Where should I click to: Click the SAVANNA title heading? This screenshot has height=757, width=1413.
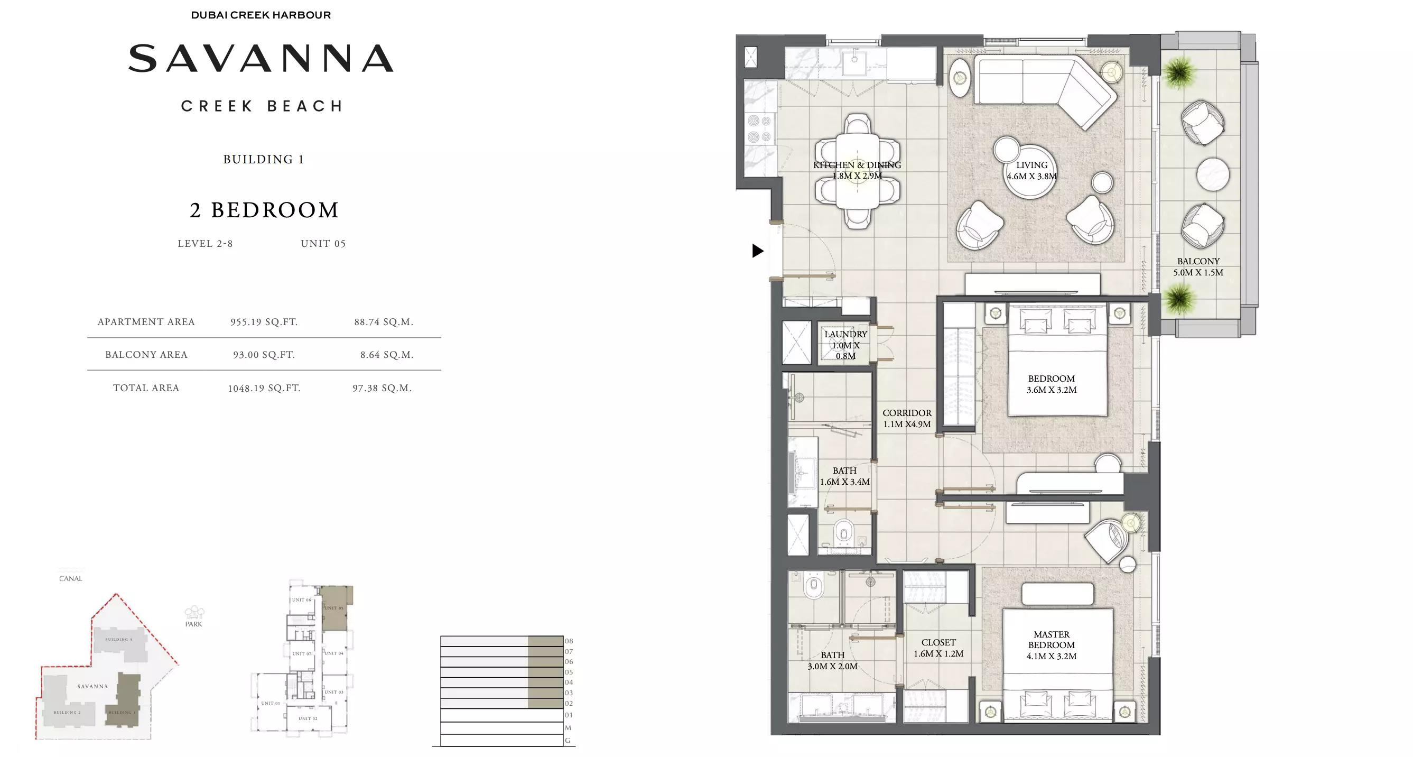(x=261, y=59)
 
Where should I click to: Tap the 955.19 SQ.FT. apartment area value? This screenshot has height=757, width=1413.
(x=264, y=322)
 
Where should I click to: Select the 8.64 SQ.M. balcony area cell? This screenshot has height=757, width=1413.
(x=387, y=355)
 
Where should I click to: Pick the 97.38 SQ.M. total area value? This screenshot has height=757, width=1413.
(x=382, y=388)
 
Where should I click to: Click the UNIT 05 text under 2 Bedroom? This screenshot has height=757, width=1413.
(x=323, y=244)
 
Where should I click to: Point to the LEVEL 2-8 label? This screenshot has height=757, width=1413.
(x=205, y=244)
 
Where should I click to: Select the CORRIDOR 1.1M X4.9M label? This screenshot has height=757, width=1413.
(x=907, y=418)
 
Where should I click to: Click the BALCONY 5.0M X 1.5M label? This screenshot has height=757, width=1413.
(x=1198, y=266)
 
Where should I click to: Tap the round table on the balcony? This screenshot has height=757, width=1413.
(x=1212, y=174)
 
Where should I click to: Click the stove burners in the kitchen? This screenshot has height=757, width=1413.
(x=760, y=128)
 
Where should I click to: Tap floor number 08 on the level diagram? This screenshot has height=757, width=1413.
(x=569, y=641)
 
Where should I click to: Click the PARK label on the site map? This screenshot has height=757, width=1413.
(x=193, y=624)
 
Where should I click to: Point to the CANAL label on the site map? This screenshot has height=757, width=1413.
(x=71, y=578)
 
